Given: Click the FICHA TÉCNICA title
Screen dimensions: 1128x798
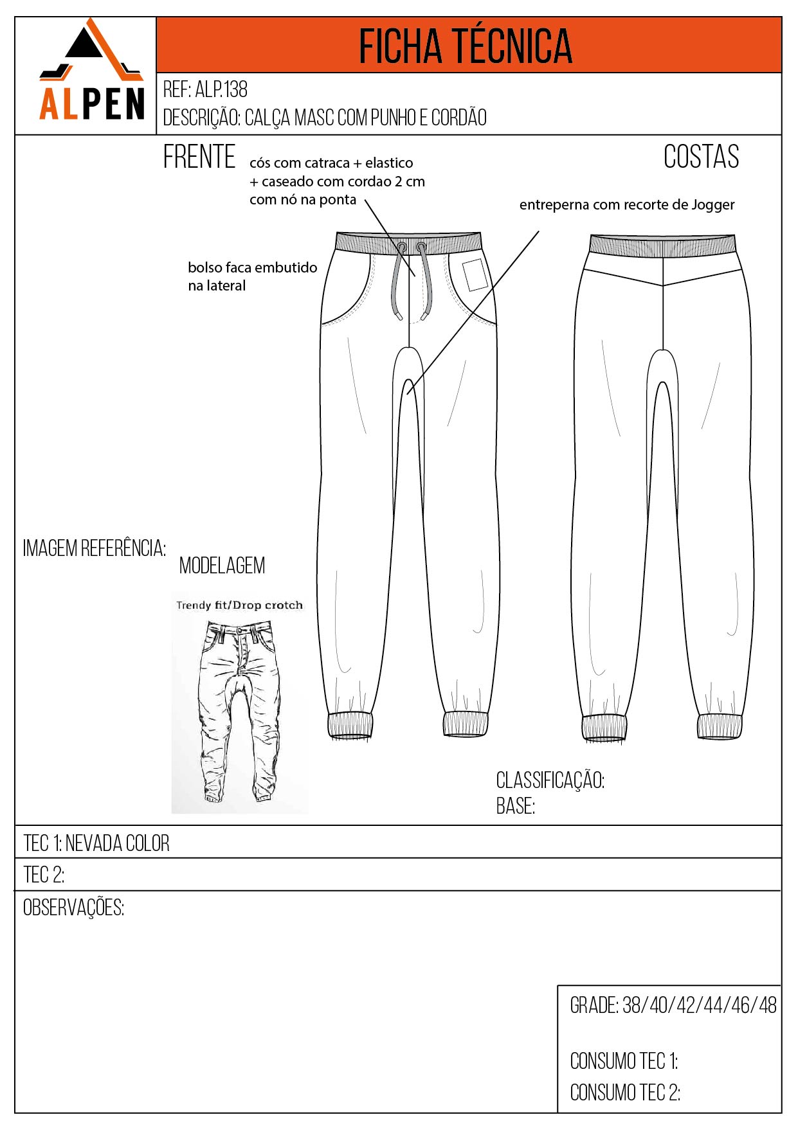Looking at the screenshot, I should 466,46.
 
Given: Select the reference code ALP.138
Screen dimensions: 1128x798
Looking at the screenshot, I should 221,89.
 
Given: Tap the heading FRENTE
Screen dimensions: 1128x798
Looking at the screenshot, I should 199,157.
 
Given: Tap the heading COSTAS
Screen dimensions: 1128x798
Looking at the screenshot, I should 701,157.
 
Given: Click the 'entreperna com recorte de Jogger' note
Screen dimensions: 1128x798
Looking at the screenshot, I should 626,205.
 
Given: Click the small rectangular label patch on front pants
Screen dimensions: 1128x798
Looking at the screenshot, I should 475,274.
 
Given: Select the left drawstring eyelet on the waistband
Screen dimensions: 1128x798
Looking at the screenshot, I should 401,247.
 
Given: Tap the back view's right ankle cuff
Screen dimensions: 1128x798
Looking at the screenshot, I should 720,726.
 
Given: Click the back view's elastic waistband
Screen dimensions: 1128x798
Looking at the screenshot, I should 662,246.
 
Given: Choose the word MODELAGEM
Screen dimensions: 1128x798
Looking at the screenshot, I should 222,566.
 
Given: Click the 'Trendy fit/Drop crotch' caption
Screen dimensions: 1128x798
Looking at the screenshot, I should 239,605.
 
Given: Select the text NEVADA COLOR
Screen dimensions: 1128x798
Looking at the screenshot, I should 117,843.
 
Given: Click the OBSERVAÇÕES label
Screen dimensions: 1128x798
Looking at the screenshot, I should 73,908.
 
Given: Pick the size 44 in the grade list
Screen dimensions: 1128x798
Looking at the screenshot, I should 713,1005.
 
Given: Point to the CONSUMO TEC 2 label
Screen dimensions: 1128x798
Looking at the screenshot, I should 625,1092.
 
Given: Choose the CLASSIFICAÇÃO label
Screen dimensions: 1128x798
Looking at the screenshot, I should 550,780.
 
